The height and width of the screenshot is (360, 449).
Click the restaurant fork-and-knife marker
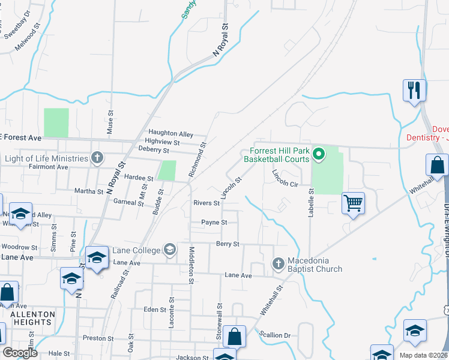414,91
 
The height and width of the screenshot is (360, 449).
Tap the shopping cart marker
354,203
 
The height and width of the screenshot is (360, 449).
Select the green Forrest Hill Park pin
319,155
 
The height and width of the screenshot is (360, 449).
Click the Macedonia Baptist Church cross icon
278,263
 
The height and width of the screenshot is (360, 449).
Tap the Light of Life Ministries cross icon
97,158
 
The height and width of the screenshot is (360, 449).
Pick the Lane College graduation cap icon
170,250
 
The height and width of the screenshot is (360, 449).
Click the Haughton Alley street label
171,133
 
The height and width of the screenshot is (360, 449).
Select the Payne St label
214,223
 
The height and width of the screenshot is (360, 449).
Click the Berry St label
228,244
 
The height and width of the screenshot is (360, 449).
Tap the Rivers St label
206,203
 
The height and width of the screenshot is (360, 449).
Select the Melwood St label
28,44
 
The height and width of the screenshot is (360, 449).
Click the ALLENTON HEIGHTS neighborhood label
32,318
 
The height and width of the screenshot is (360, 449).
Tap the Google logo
20,353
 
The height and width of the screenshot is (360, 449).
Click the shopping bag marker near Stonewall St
235,337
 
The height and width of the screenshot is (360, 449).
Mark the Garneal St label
128,203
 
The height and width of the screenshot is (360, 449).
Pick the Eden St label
154,310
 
